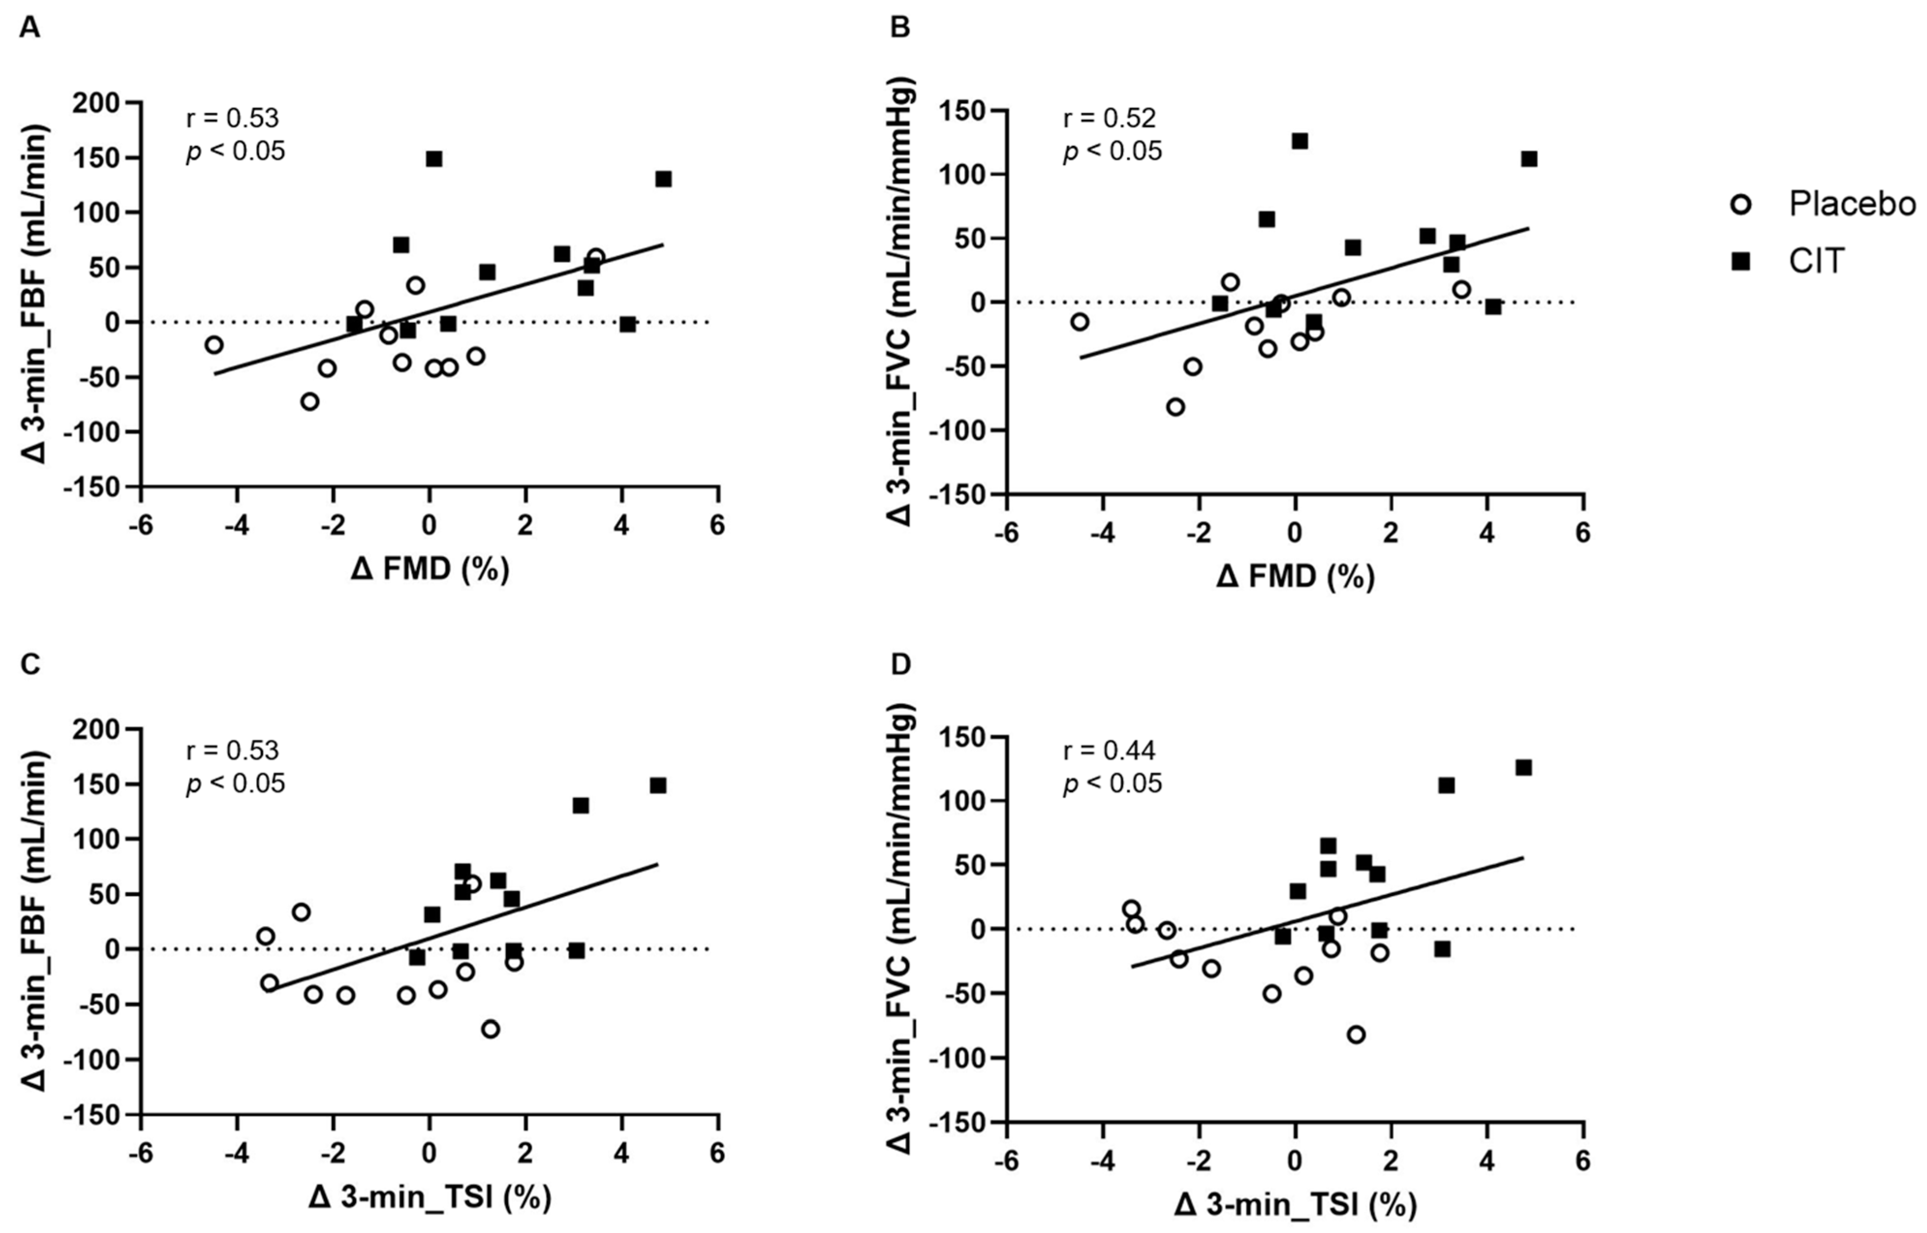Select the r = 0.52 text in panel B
point(1109,119)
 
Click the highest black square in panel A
point(434,158)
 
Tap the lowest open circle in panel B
point(1175,407)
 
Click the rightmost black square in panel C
point(658,786)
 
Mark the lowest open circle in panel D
point(1356,1034)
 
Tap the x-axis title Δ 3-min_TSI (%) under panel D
point(1295,1203)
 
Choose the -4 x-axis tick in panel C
point(237,1154)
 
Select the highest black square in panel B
point(1300,141)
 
